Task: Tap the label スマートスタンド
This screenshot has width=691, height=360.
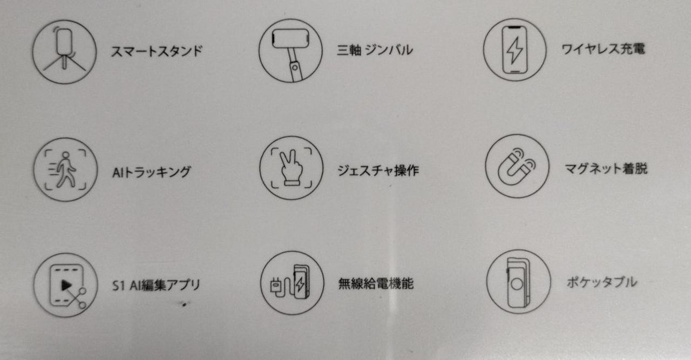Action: tap(157, 51)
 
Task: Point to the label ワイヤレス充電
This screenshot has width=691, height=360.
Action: tap(604, 49)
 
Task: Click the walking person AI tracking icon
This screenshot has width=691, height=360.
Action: tap(65, 169)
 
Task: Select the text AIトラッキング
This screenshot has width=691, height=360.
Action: tap(152, 172)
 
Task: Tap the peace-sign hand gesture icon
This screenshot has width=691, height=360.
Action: tap(292, 168)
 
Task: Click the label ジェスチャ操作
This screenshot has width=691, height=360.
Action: tap(378, 170)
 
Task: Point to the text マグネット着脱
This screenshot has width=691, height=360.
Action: tap(606, 169)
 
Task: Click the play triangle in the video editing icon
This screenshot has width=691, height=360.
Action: tap(66, 285)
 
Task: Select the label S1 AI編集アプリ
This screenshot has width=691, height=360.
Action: tap(156, 286)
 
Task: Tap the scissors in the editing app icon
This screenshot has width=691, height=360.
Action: tap(77, 297)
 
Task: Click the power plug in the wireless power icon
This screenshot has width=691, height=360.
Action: tap(275, 286)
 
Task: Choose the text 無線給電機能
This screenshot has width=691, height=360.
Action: tap(376, 283)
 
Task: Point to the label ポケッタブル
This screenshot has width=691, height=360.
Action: tap(602, 282)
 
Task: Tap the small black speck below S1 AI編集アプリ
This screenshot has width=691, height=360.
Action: tap(184, 304)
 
